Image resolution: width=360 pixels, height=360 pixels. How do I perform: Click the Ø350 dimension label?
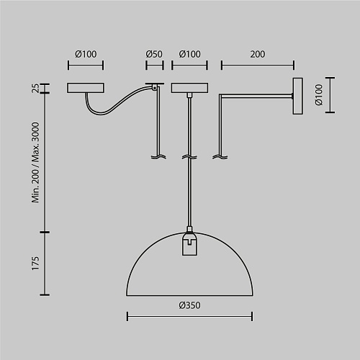tap(189, 305)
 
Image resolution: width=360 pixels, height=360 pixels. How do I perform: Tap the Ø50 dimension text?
tap(154, 54)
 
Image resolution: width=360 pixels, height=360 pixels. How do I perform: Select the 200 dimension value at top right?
tap(258, 54)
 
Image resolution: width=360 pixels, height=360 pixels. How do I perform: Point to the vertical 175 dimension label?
tap(35, 264)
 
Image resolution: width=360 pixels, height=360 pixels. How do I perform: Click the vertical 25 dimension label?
tap(35, 88)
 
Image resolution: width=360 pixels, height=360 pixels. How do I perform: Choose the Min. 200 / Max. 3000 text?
tap(35, 163)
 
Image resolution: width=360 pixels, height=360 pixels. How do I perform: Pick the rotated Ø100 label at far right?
tap(319, 95)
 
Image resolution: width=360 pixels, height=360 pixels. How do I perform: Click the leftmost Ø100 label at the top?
tap(86, 54)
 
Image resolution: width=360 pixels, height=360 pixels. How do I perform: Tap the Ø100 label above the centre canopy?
tap(189, 54)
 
